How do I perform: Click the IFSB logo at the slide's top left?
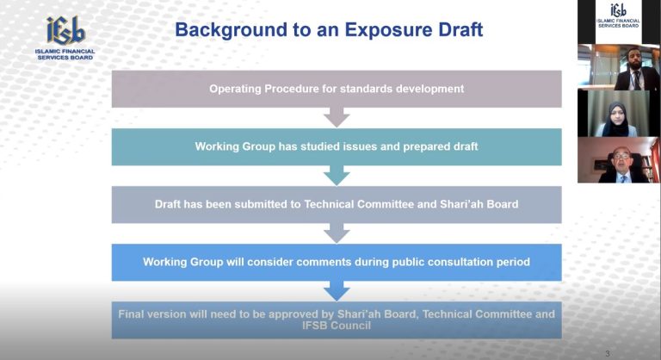pyautogui.click(x=65, y=38)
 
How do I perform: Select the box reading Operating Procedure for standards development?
pyautogui.click(x=337, y=89)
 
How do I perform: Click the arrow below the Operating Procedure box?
pyautogui.click(x=337, y=117)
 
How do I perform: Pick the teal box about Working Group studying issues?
pyautogui.click(x=337, y=146)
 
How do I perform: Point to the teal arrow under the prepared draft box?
pyautogui.click(x=337, y=175)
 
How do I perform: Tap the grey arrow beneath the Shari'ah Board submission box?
pyautogui.click(x=337, y=233)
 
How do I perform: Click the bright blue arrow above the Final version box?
pyautogui.click(x=337, y=291)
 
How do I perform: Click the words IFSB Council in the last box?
pyautogui.click(x=337, y=326)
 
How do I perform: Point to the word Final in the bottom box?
pyautogui.click(x=131, y=314)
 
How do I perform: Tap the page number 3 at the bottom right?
pyautogui.click(x=608, y=354)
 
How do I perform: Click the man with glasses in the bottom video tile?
pyautogui.click(x=623, y=165)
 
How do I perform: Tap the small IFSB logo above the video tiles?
pyautogui.click(x=618, y=16)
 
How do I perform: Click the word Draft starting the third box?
pyautogui.click(x=167, y=204)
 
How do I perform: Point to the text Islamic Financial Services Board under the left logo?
pyautogui.click(x=65, y=54)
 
